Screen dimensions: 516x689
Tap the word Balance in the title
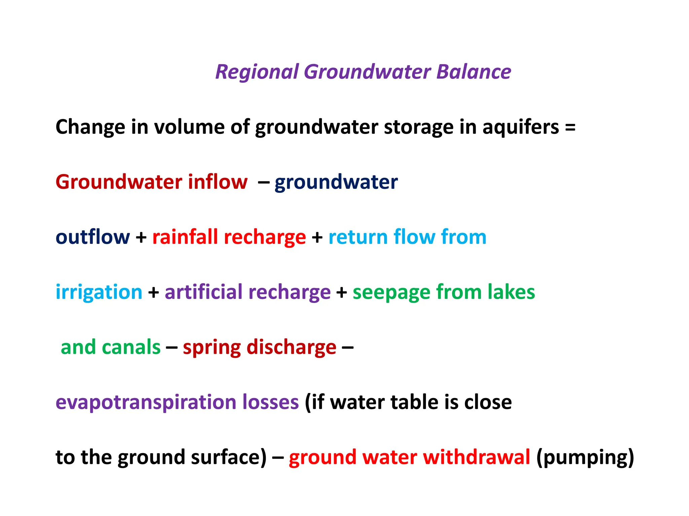point(474,72)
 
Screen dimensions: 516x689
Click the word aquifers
point(521,127)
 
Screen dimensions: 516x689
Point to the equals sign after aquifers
point(570,128)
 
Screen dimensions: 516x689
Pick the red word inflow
point(218,182)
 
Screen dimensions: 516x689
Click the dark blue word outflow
point(93,237)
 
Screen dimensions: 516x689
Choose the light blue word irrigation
point(99,292)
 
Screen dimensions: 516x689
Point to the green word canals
point(131,347)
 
